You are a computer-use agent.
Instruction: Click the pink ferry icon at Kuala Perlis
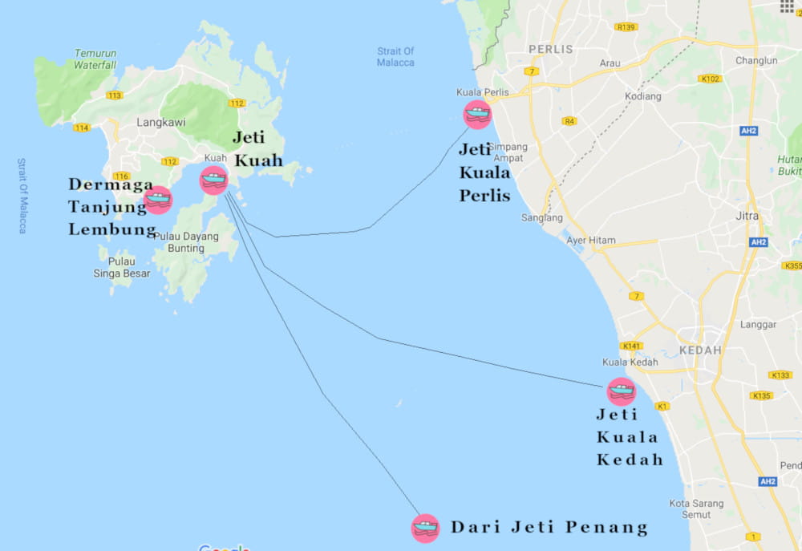(x=477, y=114)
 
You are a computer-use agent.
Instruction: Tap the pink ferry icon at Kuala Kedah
(x=621, y=391)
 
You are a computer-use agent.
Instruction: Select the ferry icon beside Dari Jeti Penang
(x=425, y=528)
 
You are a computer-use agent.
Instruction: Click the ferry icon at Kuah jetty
(x=213, y=180)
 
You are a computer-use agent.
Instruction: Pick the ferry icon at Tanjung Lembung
(x=158, y=200)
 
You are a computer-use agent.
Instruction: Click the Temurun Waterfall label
(x=95, y=59)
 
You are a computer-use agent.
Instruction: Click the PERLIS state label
(x=551, y=49)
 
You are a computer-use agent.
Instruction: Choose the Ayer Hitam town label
(x=591, y=240)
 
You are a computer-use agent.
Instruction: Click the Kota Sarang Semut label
(x=696, y=509)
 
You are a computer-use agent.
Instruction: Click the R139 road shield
(x=626, y=27)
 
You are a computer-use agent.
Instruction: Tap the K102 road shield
(x=710, y=79)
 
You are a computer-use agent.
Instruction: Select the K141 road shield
(x=630, y=346)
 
